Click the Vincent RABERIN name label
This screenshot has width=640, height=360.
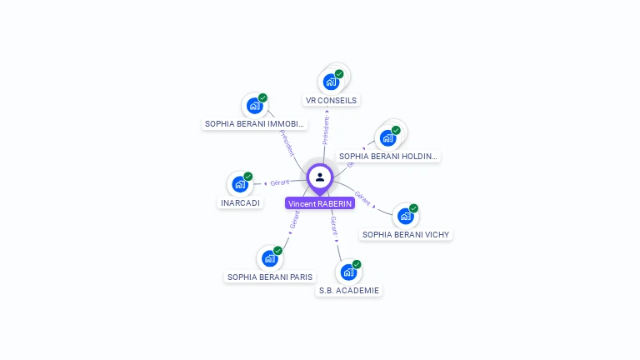pos(320,203)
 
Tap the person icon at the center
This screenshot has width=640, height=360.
pos(320,177)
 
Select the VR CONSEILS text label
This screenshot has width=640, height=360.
pos(331,101)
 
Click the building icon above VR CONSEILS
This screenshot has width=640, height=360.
pos(331,82)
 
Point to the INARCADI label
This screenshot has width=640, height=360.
pos(240,202)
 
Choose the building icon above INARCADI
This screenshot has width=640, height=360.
pos(240,184)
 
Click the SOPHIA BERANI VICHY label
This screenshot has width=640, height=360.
pos(406,235)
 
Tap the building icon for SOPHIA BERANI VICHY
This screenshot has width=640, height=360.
pos(405,216)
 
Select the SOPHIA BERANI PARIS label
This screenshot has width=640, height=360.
pos(270,277)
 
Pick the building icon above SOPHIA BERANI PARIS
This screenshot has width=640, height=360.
pos(269,258)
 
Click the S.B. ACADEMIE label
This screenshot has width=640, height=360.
pos(349,291)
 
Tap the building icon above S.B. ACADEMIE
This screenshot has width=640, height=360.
pos(348,272)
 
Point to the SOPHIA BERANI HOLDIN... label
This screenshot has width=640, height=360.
pos(388,156)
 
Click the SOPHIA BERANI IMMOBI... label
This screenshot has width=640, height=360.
pos(255,124)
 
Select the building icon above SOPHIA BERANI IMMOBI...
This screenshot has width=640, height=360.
pos(253,106)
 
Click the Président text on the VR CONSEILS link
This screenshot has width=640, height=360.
pos(326,131)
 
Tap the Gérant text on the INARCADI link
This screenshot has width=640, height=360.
pos(280,182)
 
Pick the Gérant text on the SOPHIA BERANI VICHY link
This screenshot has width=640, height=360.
pos(362,197)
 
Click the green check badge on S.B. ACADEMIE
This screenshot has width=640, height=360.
pos(357,264)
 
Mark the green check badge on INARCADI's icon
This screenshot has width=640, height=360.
pos(247,177)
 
